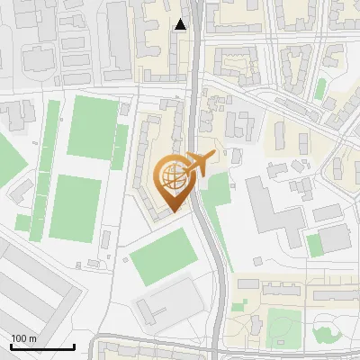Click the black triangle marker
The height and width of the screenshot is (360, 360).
pyautogui.click(x=181, y=24)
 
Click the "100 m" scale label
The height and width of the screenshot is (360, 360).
pyautogui.click(x=24, y=337)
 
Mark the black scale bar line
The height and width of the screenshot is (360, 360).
pyautogui.click(x=43, y=346)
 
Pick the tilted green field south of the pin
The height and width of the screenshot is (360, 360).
pyautogui.click(x=164, y=256)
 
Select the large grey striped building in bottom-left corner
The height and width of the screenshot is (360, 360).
pyautogui.click(x=36, y=288)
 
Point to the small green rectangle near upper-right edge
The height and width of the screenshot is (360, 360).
pyautogui.click(x=320, y=88)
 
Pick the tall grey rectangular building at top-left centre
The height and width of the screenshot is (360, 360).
pyautogui.click(x=119, y=40)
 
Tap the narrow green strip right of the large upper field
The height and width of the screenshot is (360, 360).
pyautogui.click(x=121, y=140)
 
